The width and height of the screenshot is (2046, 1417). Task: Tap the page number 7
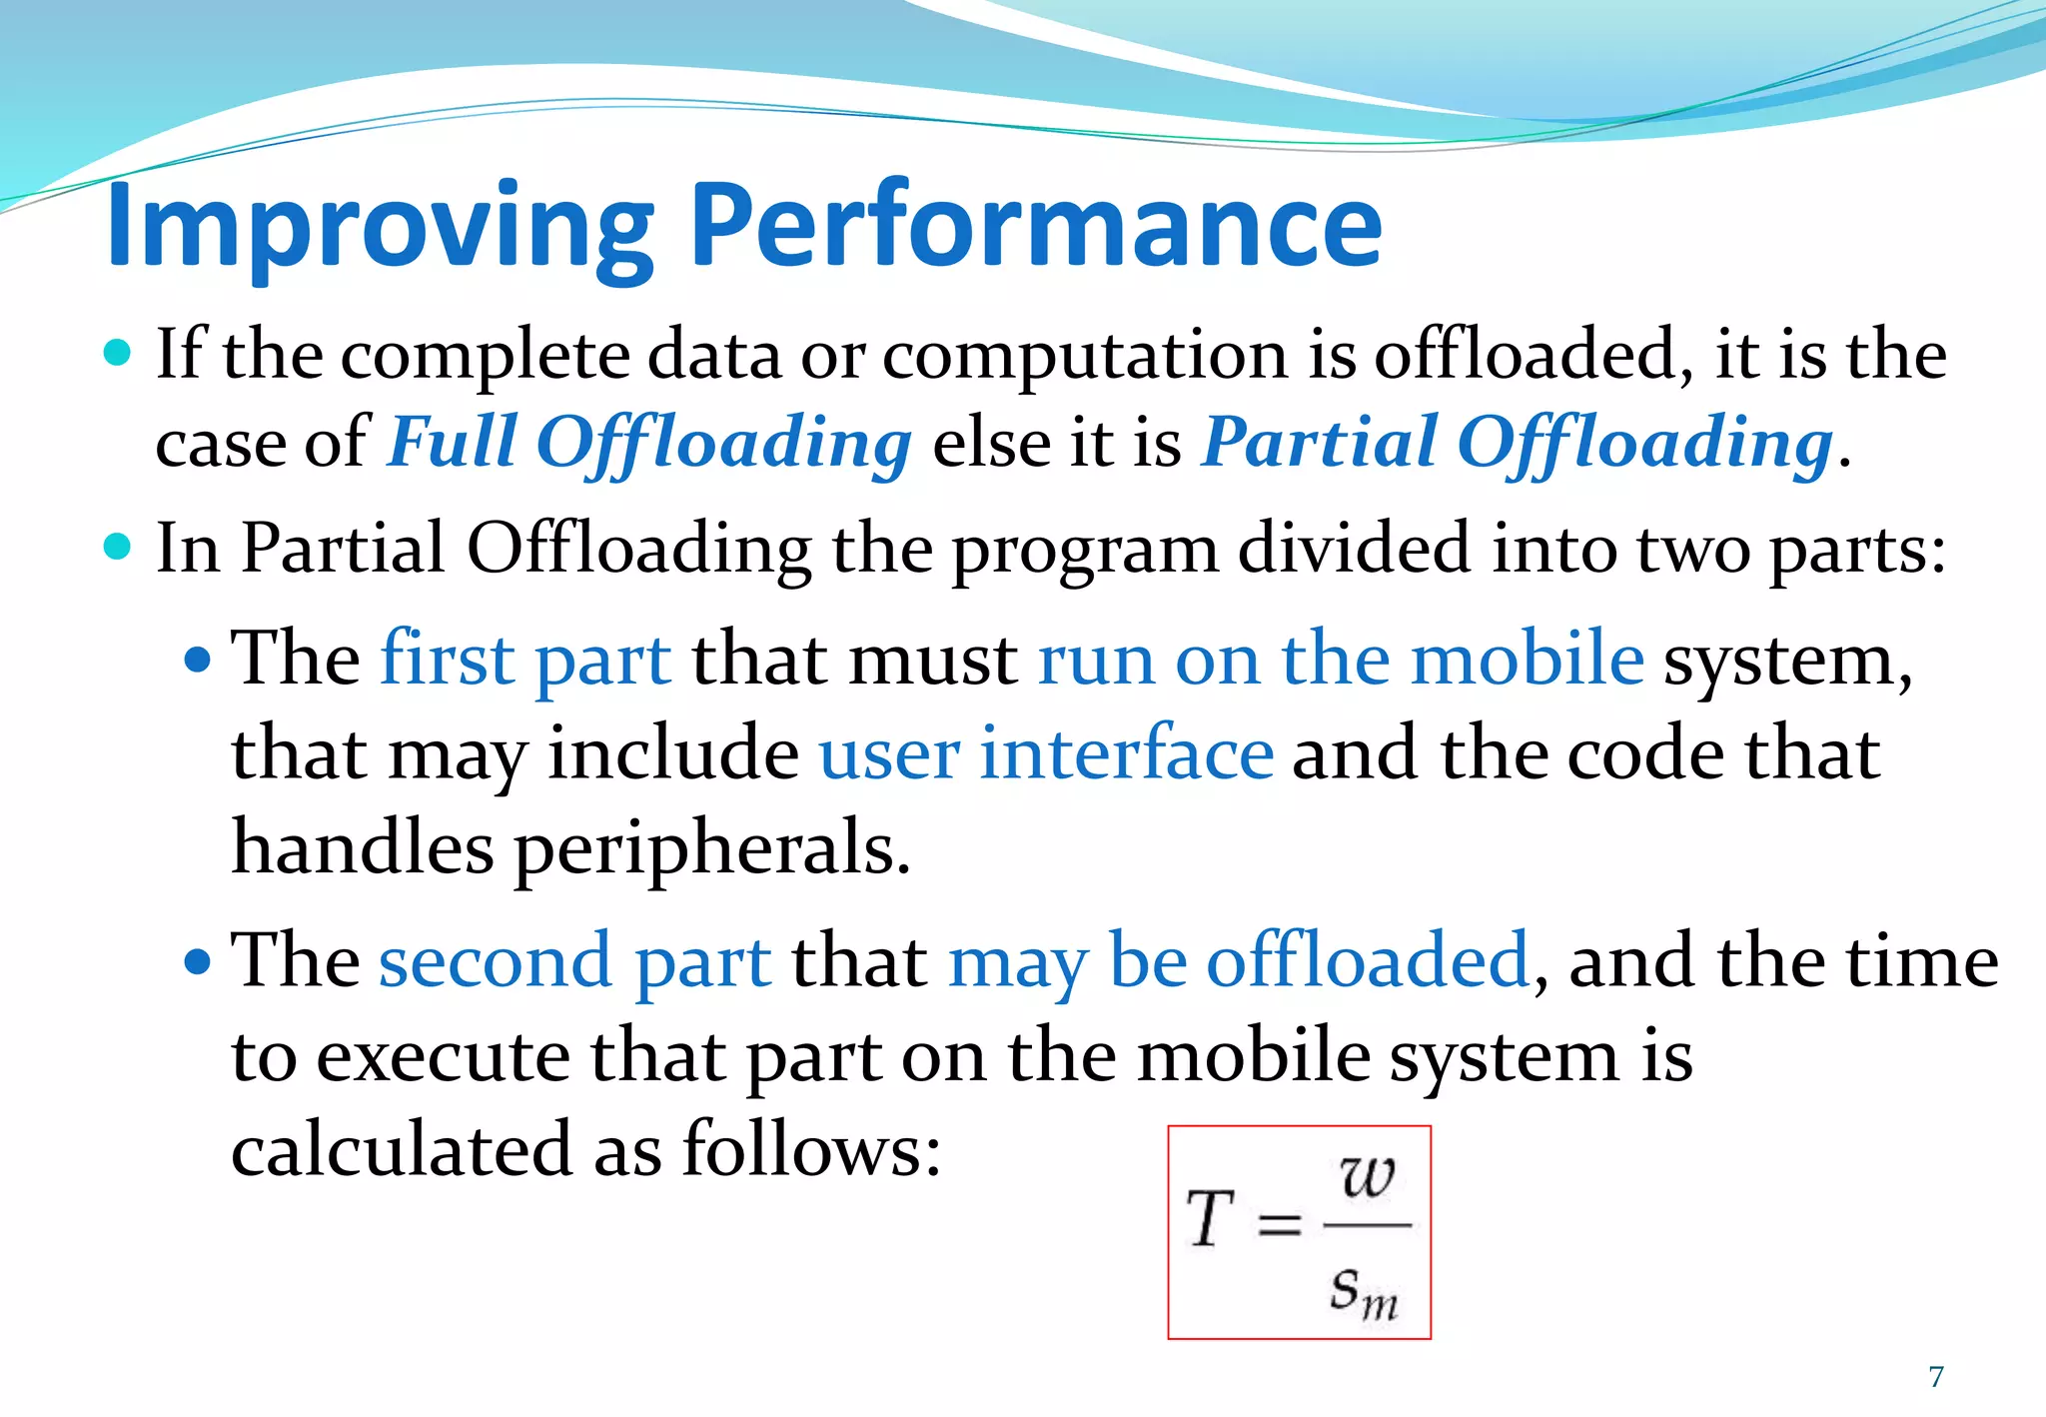coord(1936,1377)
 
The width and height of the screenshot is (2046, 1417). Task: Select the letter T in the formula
coord(1210,1219)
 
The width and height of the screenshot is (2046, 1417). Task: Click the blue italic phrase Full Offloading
coord(649,442)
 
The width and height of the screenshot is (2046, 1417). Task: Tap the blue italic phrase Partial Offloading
coord(1517,442)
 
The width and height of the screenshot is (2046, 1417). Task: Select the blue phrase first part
coord(525,660)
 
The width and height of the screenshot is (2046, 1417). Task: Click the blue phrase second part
coord(574,961)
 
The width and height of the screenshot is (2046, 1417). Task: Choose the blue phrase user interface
coord(1046,753)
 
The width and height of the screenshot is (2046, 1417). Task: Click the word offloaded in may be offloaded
coord(1368,961)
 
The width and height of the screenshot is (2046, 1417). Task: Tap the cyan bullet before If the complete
coord(118,353)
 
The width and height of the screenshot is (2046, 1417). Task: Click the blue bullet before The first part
coord(198,660)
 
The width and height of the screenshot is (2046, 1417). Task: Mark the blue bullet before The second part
coord(198,961)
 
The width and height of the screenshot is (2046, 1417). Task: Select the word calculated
coord(403,1149)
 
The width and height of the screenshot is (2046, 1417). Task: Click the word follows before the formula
coord(811,1149)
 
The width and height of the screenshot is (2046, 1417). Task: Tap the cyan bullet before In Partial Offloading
coord(118,547)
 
